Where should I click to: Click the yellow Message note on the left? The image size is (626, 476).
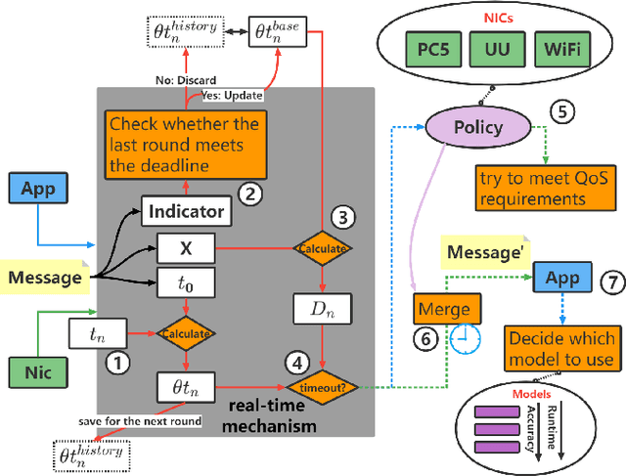click(44, 278)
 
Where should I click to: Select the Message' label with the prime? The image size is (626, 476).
click(481, 252)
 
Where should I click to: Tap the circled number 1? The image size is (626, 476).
click(117, 364)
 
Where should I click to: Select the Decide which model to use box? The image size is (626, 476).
click(561, 348)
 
